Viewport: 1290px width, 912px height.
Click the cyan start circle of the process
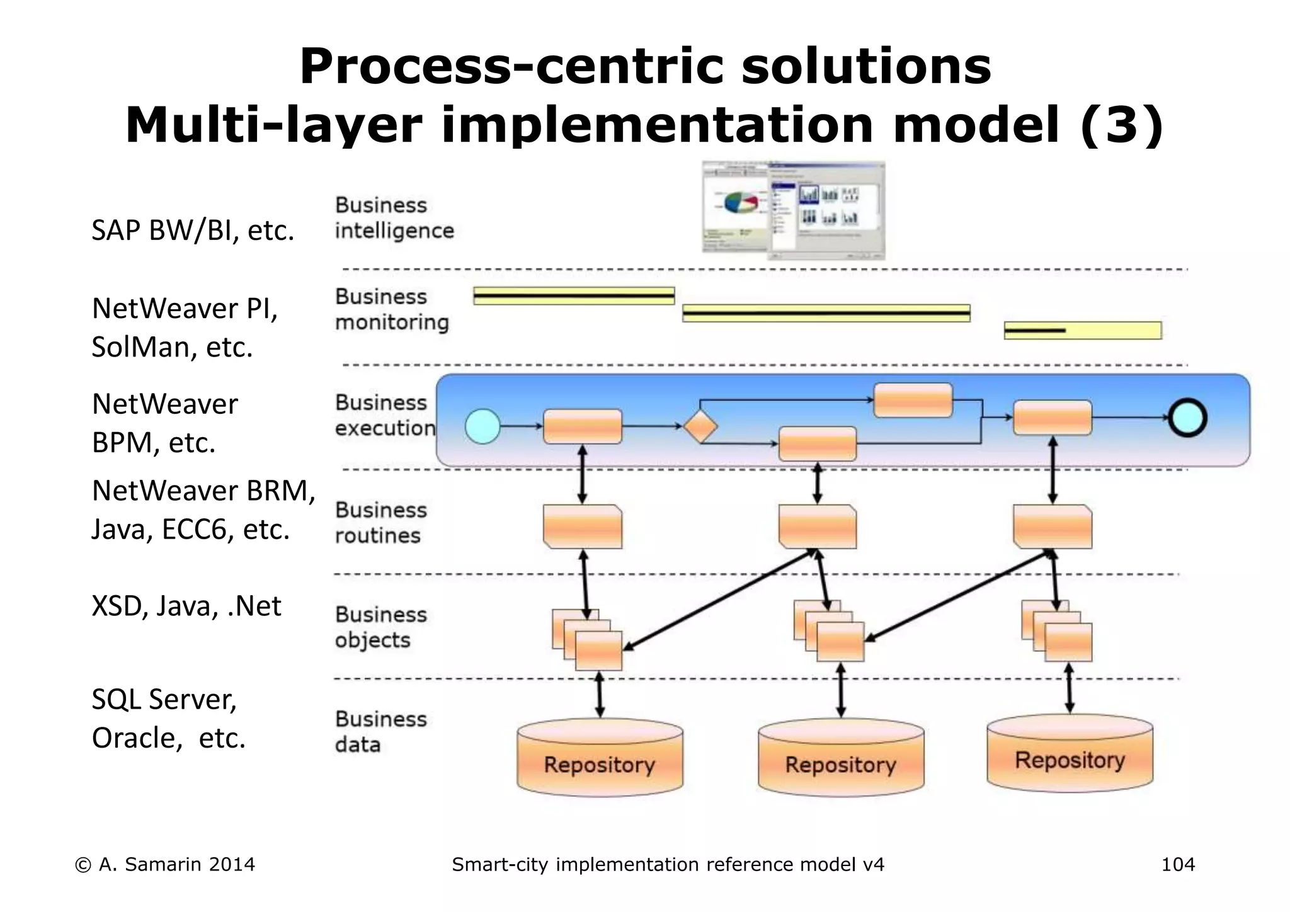[x=482, y=426]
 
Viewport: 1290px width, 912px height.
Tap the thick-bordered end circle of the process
[x=1187, y=418]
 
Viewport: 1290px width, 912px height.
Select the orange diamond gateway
[x=700, y=427]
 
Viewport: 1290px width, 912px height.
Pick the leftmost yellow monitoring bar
[x=574, y=296]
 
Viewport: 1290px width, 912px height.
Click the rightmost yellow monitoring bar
[x=1082, y=330]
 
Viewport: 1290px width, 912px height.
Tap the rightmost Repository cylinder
[x=1070, y=754]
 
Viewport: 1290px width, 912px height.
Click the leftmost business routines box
[x=583, y=527]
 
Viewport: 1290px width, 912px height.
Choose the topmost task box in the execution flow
[x=913, y=400]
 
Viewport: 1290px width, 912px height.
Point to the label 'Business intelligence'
[x=394, y=218]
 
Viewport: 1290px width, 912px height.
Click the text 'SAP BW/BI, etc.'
[x=193, y=231]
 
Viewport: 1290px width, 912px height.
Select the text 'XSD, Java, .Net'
[x=186, y=606]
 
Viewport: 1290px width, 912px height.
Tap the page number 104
[x=1177, y=864]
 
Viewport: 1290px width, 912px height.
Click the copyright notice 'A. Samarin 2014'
[x=165, y=864]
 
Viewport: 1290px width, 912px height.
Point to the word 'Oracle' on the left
[x=132, y=738]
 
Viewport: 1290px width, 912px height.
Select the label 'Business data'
[x=380, y=732]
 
